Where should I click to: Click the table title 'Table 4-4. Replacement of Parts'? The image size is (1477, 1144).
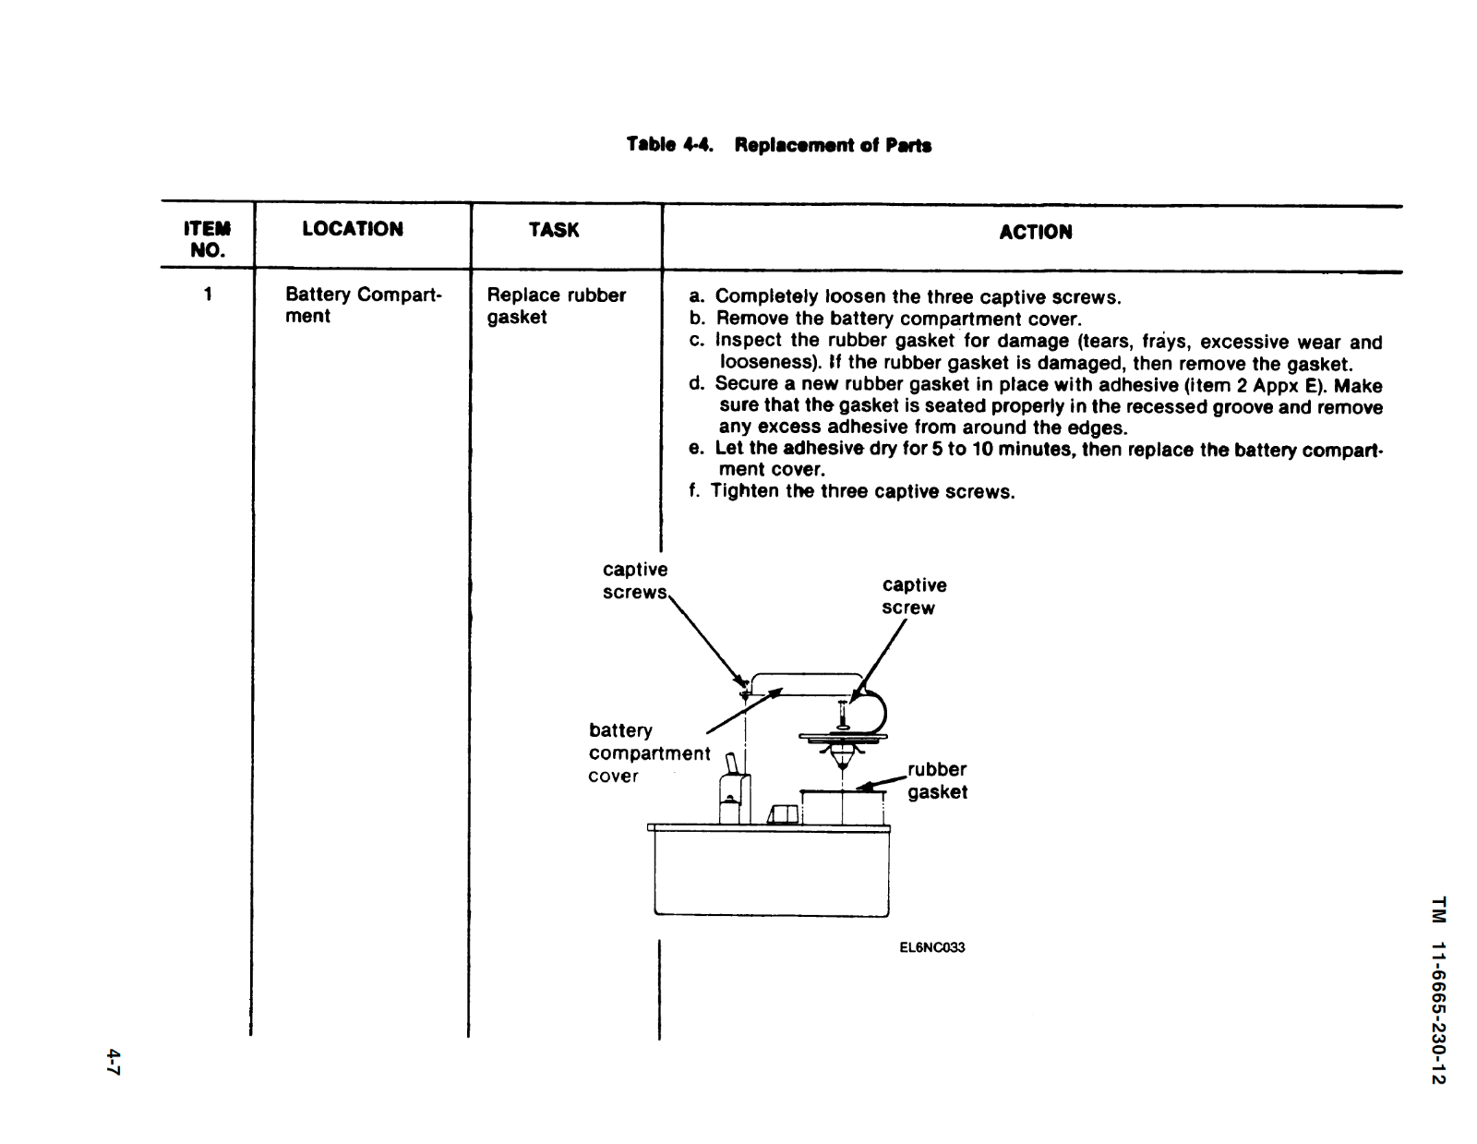tap(778, 145)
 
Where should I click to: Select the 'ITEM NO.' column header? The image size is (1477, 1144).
tap(207, 238)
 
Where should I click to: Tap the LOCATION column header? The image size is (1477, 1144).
tap(353, 229)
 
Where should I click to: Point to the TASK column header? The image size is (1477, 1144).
tap(554, 230)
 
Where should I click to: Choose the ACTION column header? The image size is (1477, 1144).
tap(1035, 232)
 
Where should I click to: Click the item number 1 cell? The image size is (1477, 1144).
tap(208, 295)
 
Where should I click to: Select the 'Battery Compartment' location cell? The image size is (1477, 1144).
tap(363, 305)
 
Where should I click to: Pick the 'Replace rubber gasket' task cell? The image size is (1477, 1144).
tap(556, 306)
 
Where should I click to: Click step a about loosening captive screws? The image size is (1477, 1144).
tap(905, 297)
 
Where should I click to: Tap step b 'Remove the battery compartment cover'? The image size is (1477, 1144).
tap(884, 319)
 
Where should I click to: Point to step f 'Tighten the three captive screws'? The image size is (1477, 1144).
tap(851, 491)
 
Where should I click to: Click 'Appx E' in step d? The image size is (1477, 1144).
tap(1287, 386)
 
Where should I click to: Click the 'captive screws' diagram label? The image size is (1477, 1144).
tap(635, 581)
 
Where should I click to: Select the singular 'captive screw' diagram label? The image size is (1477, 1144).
tap(913, 596)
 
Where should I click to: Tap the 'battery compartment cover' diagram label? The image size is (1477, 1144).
tap(648, 753)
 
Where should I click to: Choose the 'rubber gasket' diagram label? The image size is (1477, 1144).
tap(937, 780)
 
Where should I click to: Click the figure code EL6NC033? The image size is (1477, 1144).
tap(931, 947)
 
